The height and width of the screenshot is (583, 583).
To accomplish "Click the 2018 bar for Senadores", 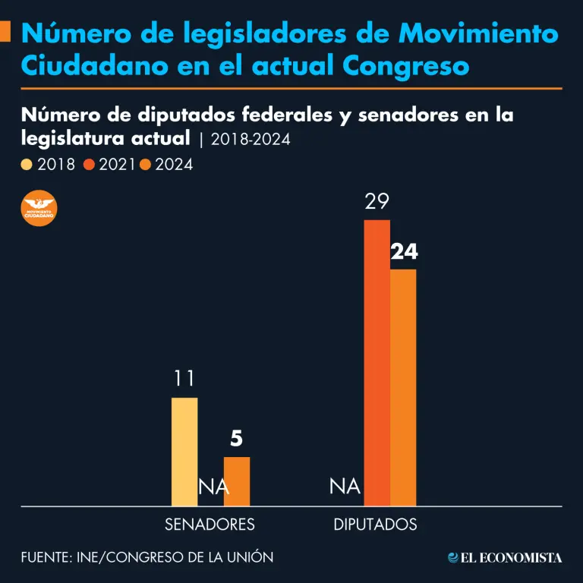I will [184, 452].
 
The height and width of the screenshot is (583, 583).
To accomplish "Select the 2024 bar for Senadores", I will [236, 481].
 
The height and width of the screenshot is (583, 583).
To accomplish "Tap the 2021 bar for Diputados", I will [377, 363].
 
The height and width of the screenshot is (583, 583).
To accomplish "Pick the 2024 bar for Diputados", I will [403, 387].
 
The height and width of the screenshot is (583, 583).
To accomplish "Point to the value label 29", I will [377, 203].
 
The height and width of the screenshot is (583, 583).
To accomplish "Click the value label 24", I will [404, 253].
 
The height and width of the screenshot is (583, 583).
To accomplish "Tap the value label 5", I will [236, 440].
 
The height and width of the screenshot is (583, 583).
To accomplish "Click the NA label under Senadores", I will [213, 487].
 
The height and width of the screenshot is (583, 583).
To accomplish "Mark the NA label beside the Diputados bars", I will [345, 487].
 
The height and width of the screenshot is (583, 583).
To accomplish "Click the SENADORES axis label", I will [210, 525].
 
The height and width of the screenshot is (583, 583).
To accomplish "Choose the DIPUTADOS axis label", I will [375, 525].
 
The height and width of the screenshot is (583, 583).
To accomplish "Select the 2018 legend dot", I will [27, 164].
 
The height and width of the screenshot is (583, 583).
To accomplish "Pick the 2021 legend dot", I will [88, 164].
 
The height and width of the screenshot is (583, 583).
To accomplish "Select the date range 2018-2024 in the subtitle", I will [251, 140].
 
